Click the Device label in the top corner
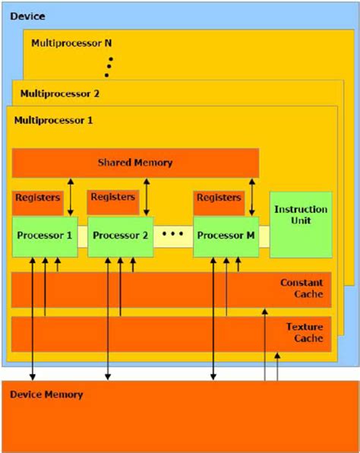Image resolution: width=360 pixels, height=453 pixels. (27, 16)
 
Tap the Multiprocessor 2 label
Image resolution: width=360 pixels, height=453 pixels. (58, 94)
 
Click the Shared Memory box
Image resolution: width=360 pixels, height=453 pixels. (135, 163)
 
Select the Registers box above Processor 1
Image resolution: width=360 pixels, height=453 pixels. (37, 198)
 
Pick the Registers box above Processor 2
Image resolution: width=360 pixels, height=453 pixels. (113, 198)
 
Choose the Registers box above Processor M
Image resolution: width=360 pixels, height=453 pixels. (219, 198)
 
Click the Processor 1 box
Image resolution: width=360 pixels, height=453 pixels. (44, 235)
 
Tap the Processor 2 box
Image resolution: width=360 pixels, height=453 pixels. (120, 235)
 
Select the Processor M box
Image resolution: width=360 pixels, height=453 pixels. (226, 235)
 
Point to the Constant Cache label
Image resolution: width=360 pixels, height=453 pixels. (302, 288)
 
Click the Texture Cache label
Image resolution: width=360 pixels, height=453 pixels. (304, 332)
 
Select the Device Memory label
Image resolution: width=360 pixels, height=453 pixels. (47, 394)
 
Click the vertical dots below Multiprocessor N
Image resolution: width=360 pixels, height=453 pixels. (109, 65)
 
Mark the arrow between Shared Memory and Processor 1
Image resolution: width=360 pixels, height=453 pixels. (70, 198)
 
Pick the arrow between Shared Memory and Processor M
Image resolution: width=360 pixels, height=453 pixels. (251, 198)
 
